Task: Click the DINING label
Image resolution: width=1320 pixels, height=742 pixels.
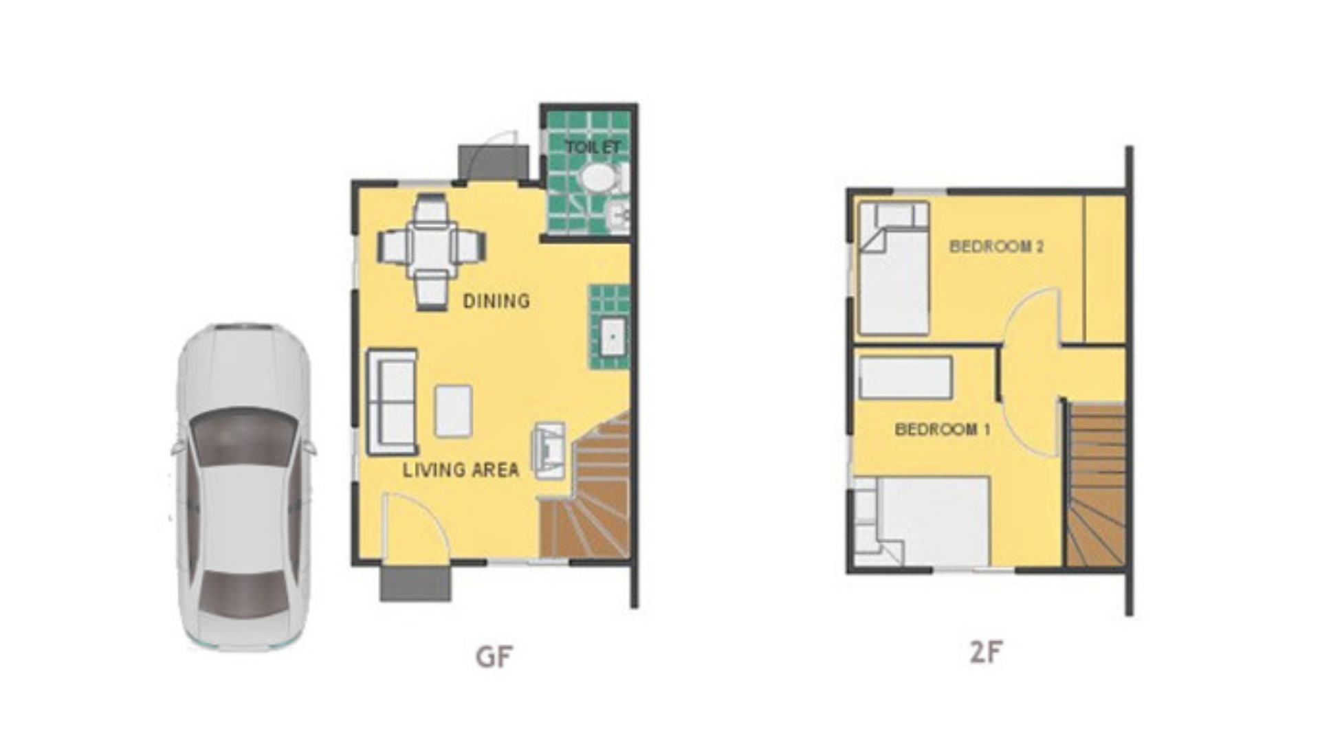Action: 496,301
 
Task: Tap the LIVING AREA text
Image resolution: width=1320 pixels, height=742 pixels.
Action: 460,470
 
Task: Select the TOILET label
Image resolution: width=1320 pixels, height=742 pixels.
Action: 592,147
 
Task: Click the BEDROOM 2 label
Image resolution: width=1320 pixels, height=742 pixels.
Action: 996,246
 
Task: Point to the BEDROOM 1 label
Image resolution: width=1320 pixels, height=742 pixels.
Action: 942,429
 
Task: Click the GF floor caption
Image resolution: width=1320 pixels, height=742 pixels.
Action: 494,657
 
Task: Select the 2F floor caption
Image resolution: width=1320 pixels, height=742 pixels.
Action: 986,652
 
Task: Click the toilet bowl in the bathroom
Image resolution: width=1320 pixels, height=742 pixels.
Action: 597,177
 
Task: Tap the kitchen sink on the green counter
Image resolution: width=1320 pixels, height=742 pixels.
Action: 612,337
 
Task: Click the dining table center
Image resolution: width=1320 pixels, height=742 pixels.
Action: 431,247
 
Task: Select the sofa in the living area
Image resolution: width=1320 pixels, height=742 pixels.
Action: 392,403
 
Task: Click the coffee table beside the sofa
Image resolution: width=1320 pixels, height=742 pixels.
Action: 453,411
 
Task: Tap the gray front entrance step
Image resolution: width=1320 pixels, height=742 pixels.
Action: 415,583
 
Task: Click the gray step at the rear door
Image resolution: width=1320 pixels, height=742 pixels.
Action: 491,164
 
